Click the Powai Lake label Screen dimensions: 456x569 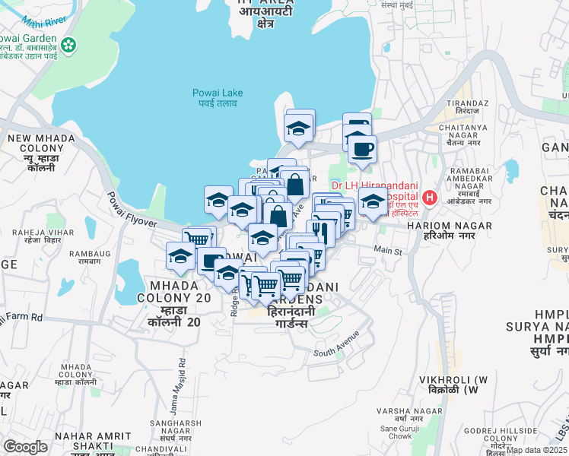[x=217, y=97]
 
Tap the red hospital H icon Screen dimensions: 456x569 [x=430, y=198]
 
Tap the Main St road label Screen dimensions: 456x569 [x=386, y=249]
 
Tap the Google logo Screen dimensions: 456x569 [x=25, y=447]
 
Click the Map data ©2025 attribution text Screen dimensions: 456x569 [x=536, y=450]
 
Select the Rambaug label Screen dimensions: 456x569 [x=84, y=257]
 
